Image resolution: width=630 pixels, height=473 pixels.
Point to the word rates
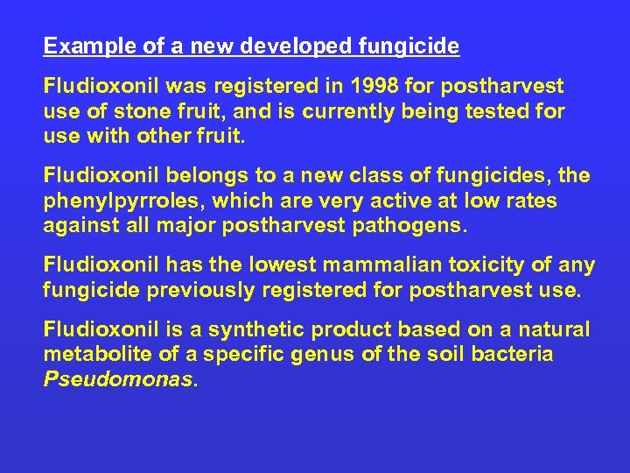[x=526, y=201]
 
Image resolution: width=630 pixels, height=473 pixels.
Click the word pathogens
[x=411, y=226]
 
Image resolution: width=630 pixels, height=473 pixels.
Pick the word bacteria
[x=514, y=355]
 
